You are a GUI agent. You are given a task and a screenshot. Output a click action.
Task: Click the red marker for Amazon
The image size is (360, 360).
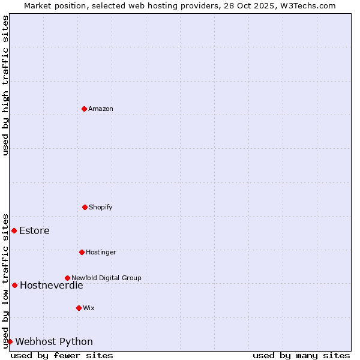click(84, 109)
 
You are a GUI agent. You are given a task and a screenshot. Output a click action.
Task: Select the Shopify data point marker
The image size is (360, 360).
click(85, 207)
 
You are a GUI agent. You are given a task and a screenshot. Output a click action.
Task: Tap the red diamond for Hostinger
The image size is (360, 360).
click(82, 252)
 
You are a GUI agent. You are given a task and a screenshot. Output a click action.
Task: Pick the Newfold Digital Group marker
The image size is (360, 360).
click(67, 278)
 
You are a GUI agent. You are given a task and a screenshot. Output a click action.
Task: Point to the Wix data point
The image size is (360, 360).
click(79, 308)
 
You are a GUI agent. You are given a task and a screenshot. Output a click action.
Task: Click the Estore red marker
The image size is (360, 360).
click(14, 230)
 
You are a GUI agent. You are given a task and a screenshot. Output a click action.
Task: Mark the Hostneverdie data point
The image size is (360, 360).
click(14, 285)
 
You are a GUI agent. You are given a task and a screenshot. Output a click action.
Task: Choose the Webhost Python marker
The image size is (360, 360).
click(10, 341)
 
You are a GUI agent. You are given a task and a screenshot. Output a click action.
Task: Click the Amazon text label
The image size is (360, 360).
click(101, 109)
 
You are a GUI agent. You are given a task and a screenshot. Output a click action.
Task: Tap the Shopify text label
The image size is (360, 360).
click(101, 207)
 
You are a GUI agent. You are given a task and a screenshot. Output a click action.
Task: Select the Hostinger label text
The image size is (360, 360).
click(101, 252)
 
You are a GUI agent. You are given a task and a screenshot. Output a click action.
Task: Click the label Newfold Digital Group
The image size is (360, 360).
click(106, 278)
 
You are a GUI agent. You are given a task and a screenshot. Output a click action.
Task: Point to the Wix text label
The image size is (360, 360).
click(89, 308)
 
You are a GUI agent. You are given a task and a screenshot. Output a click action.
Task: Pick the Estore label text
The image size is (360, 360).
click(34, 230)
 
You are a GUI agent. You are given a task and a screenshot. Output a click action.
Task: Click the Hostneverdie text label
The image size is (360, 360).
click(51, 285)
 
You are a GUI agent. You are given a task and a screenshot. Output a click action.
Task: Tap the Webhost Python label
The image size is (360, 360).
click(54, 341)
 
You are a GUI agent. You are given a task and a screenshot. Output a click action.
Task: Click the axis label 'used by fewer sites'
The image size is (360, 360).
click(62, 355)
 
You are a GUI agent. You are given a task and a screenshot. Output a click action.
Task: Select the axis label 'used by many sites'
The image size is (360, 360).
click(301, 355)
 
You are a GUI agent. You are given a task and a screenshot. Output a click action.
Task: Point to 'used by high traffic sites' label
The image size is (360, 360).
click(5, 85)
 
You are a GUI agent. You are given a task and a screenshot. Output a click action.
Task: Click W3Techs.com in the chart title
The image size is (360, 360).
click(307, 5)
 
